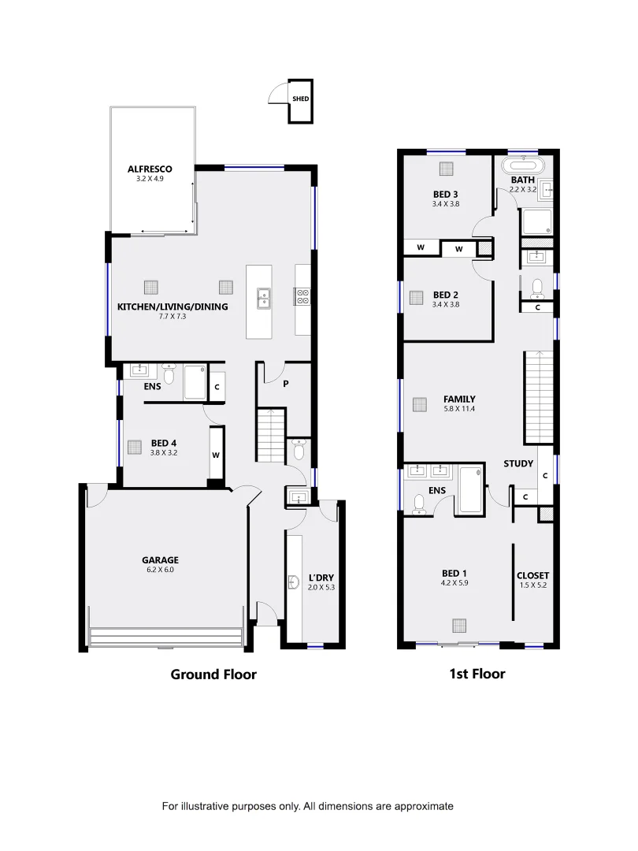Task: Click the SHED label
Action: [300, 99]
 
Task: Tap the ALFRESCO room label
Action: [150, 169]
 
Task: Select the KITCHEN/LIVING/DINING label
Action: [172, 307]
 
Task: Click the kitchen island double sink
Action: [262, 297]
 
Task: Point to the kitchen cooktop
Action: [302, 296]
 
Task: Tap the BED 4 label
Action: [164, 443]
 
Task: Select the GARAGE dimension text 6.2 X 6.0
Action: [160, 569]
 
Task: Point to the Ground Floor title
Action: [213, 674]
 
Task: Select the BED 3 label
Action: [445, 194]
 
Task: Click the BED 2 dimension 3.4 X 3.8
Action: [445, 304]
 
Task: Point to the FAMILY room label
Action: [459, 399]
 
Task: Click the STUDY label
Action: [518, 463]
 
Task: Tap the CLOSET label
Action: [532, 575]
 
